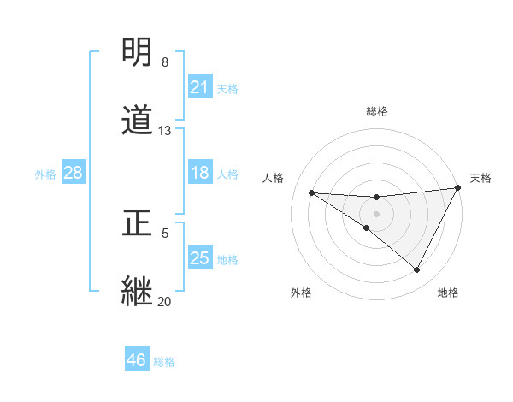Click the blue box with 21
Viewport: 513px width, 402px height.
coord(200,87)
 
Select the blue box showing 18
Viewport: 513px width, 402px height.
coord(200,173)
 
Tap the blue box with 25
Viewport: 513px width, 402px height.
coord(200,258)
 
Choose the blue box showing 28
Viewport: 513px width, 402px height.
coord(74,173)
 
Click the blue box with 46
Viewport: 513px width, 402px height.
coord(137,360)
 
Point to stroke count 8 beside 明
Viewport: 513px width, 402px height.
coord(165,62)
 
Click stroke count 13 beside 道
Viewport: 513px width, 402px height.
coord(165,131)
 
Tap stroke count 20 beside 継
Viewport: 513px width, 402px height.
coord(165,301)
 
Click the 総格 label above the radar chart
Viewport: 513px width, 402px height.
coord(377,111)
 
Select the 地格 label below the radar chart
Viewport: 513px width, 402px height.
coord(448,293)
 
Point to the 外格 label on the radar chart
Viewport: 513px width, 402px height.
coord(301,293)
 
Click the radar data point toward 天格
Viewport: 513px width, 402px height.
coord(459,188)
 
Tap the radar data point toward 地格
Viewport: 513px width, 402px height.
coord(417,270)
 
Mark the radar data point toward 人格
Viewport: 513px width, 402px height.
coord(311,192)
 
